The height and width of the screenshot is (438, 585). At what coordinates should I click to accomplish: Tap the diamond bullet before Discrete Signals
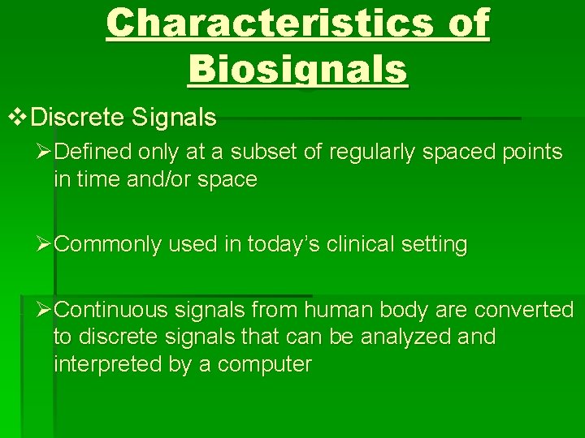17,118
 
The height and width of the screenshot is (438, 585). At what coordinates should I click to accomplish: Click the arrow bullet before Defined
45,152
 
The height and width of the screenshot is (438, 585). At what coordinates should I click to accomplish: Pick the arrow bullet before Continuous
45,310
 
